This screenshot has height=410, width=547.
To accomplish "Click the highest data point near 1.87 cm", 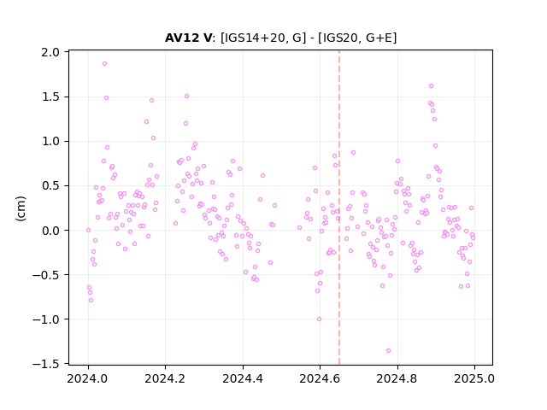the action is (x=104, y=64).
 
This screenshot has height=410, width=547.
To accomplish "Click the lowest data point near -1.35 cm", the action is (x=388, y=351).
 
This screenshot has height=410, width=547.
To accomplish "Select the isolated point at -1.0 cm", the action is (x=319, y=319).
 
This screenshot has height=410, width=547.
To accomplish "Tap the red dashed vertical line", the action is (x=339, y=208).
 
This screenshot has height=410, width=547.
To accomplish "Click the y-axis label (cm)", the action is (x=21, y=208).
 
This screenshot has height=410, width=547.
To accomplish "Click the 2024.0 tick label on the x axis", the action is (x=88, y=378).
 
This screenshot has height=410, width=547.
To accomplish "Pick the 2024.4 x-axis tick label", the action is (x=243, y=378).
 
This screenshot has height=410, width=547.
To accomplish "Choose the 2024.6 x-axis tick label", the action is (x=320, y=378).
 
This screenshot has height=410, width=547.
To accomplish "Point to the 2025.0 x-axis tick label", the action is (x=474, y=378).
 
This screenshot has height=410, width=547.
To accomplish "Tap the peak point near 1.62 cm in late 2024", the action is (x=431, y=85).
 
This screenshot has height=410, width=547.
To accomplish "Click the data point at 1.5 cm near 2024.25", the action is (x=186, y=97).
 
